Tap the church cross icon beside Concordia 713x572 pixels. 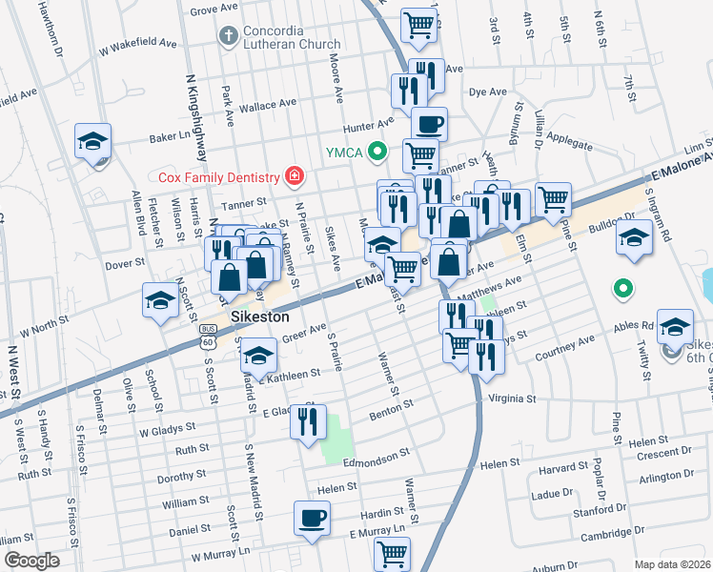click(x=227, y=37)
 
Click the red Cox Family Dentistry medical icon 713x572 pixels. click(x=295, y=176)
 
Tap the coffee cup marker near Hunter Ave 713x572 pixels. click(x=429, y=124)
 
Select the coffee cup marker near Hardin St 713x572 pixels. click(x=312, y=518)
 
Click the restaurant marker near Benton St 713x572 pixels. click(x=308, y=420)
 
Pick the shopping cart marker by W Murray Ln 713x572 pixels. click(x=393, y=552)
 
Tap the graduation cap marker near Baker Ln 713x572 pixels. click(x=93, y=141)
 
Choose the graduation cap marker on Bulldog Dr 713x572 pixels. click(x=634, y=236)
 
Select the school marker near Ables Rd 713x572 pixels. click(x=675, y=327)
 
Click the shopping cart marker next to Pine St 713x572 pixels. click(x=553, y=199)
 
